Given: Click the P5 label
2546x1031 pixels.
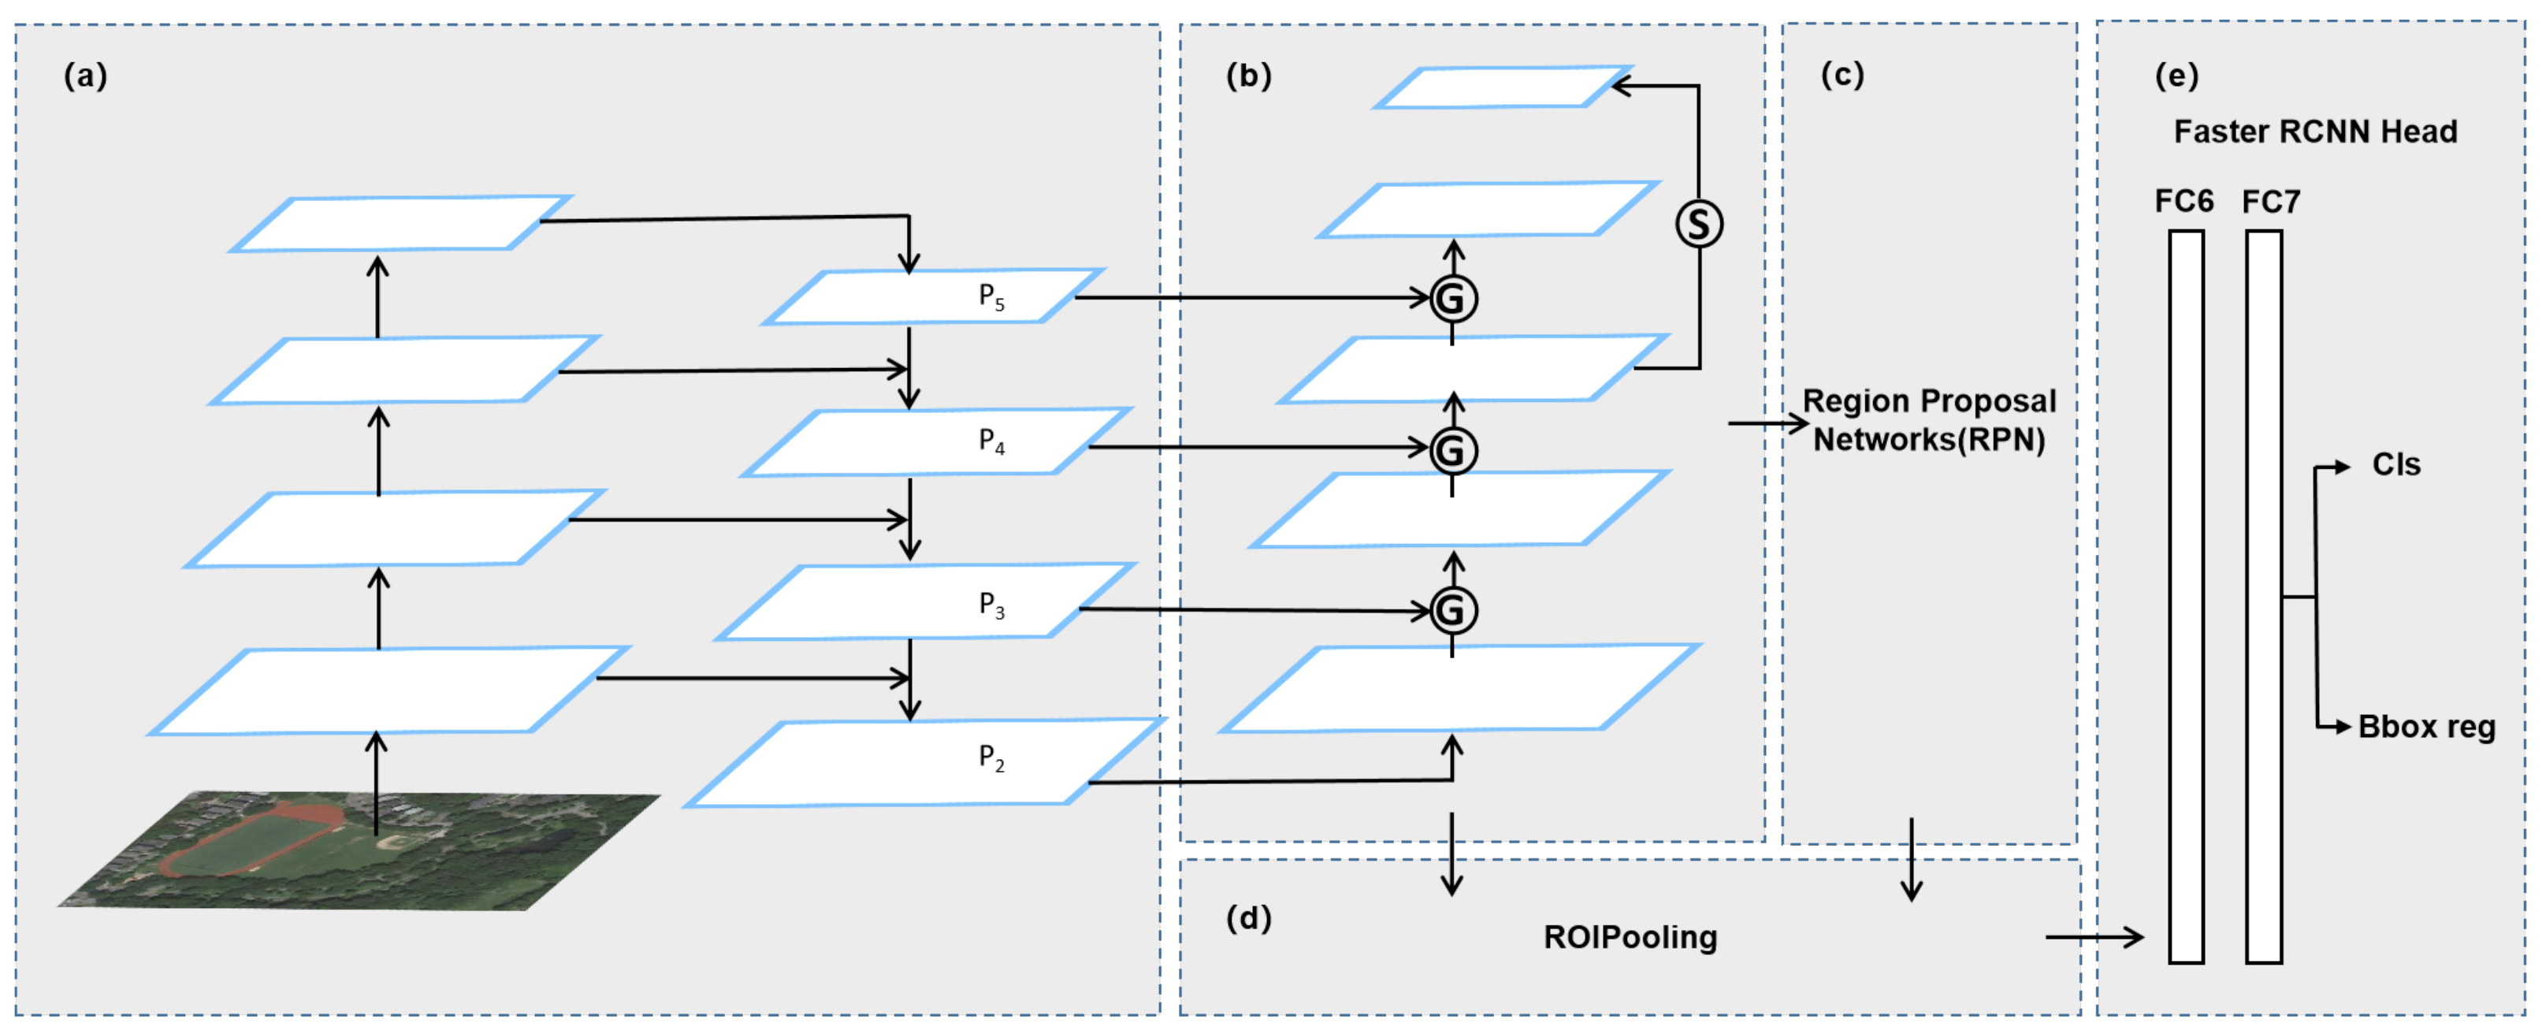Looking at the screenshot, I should (x=991, y=296).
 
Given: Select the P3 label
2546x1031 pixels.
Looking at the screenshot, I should (x=991, y=605).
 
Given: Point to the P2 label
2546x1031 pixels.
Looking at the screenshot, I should (x=991, y=758).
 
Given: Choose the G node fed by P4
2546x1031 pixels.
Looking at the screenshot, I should (x=1453, y=451).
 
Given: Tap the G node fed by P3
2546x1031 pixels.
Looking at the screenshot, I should (x=1453, y=610).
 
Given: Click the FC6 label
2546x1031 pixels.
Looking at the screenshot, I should (x=2184, y=202).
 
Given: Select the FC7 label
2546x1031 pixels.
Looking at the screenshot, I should (x=2271, y=203).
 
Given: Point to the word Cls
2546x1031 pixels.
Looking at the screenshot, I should (x=2395, y=464).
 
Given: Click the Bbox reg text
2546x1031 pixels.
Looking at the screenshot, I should (x=2426, y=728).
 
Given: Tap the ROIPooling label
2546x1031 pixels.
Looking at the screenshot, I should (x=1630, y=937).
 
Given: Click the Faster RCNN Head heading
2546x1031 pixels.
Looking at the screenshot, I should (x=2315, y=132).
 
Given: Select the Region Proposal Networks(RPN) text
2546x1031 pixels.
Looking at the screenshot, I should (x=1928, y=420).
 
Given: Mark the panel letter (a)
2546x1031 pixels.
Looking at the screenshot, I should (x=86, y=76).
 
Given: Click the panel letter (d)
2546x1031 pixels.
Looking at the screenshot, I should (x=1248, y=918).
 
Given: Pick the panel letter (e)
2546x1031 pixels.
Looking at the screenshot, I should (x=2176, y=76).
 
